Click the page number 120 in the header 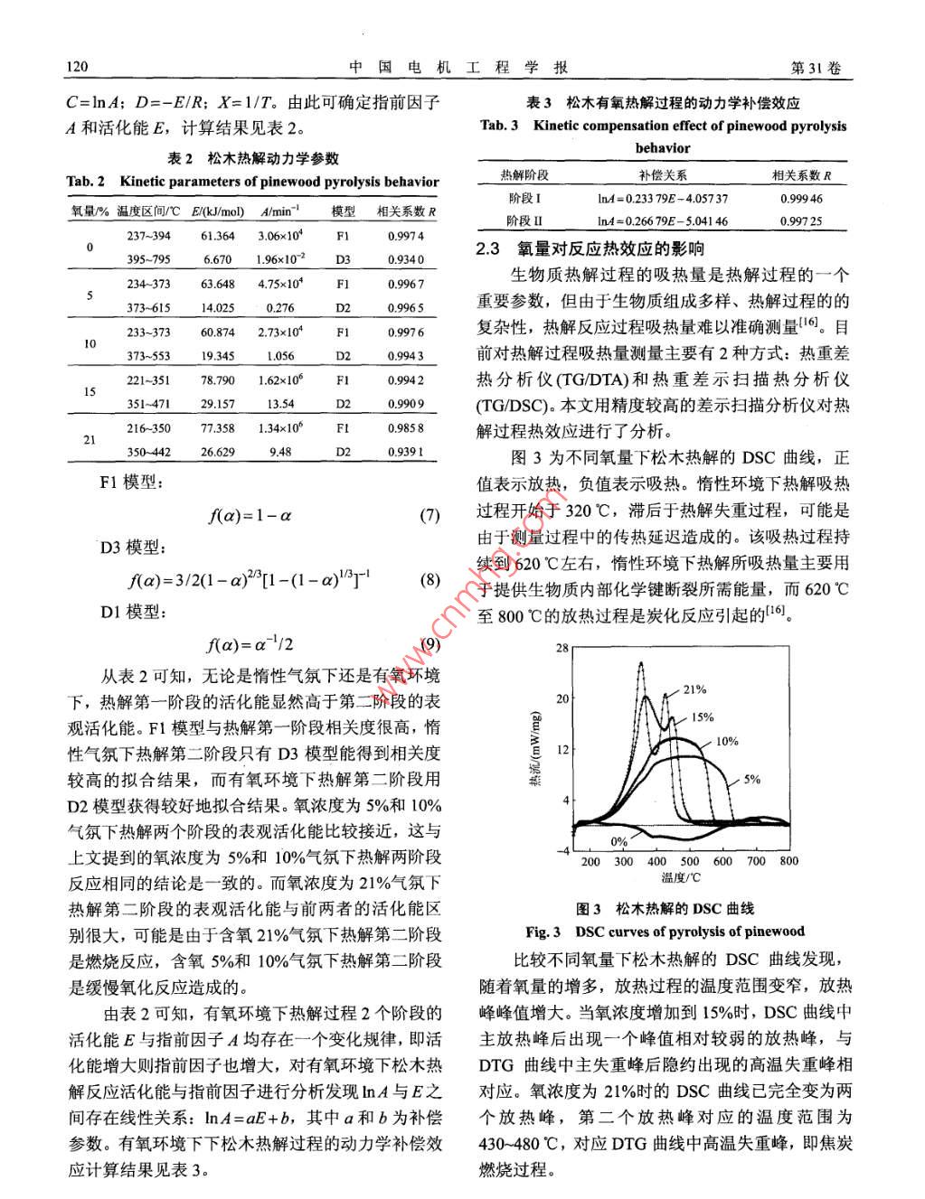(76, 69)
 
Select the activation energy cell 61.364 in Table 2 (217, 236)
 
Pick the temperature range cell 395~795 (148, 259)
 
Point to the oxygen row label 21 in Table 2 (90, 440)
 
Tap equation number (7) (429, 516)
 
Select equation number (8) (429, 579)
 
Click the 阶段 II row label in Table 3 (524, 221)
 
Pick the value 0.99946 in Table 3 (801, 199)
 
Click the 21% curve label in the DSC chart (694, 689)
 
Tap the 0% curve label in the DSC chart (618, 841)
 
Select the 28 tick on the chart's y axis (562, 648)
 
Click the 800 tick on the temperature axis (788, 861)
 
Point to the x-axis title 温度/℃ (681, 877)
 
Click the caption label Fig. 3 (543, 932)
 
